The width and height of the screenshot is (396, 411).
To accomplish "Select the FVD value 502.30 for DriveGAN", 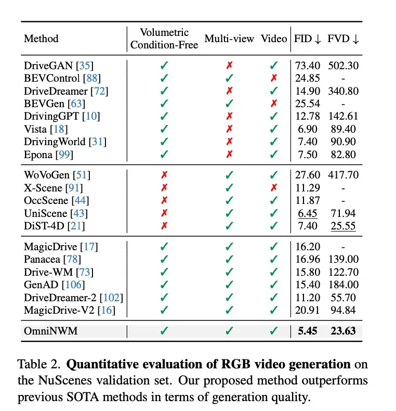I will (x=343, y=66).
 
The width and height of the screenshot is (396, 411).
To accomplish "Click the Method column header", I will (x=41, y=38).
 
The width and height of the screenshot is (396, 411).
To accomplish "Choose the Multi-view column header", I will (x=229, y=38).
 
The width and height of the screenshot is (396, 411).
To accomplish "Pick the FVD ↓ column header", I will (x=343, y=38).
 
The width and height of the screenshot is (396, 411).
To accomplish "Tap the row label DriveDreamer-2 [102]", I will (x=73, y=298).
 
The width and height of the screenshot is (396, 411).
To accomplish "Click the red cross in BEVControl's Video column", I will (x=274, y=78).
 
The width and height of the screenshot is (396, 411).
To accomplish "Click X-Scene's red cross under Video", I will (x=274, y=188).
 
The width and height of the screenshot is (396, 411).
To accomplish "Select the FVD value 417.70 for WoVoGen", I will (x=343, y=176).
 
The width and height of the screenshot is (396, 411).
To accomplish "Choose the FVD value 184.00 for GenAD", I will (x=343, y=285).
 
